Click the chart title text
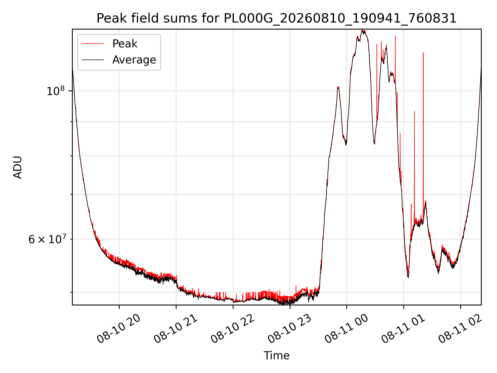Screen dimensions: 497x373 click(276, 18)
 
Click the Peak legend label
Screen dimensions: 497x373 click(125, 44)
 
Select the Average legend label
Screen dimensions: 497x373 click(134, 60)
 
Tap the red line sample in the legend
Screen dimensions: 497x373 click(93, 44)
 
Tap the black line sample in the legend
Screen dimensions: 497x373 click(93, 60)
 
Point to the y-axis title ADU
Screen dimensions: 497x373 click(18, 167)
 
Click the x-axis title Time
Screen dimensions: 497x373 click(276, 356)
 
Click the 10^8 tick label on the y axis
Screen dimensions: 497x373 click(56, 91)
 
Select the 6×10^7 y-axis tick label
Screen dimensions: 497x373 click(47, 239)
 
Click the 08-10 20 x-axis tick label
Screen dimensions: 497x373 click(119, 329)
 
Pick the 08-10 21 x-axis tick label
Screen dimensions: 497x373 click(176, 329)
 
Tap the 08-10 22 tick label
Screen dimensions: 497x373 click(232, 329)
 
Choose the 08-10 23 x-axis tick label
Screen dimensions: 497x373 click(289, 329)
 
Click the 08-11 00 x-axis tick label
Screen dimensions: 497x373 click(346, 329)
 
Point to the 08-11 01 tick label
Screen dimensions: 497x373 click(403, 329)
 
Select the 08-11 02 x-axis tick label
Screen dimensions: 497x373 click(460, 329)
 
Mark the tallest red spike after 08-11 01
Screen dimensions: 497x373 click(423, 53)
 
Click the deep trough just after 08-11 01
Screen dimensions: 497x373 click(408, 277)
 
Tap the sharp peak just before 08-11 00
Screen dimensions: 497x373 click(338, 88)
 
